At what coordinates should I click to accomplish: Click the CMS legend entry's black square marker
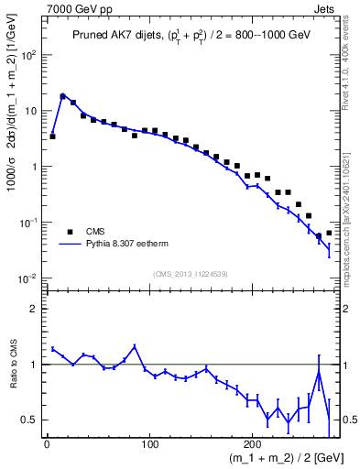click(70, 232)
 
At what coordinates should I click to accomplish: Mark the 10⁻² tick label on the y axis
click(28, 278)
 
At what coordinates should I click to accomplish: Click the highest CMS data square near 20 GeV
click(63, 95)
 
